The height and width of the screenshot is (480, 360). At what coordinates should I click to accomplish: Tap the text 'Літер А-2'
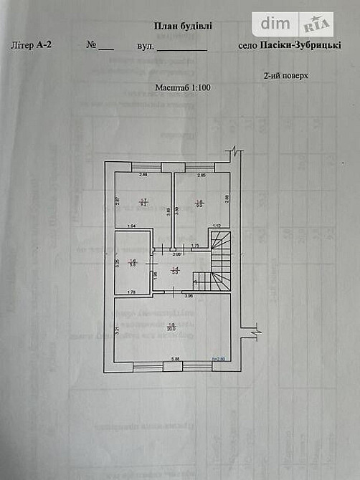[33, 44]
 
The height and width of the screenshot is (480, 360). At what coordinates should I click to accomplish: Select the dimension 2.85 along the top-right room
[202, 176]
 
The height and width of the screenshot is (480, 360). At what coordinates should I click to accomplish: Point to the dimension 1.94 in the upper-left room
[131, 226]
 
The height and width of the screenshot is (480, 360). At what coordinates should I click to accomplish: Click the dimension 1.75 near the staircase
[194, 246]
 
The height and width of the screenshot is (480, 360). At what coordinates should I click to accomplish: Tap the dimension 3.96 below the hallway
[189, 295]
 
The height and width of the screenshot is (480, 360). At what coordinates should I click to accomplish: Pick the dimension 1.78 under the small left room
[131, 292]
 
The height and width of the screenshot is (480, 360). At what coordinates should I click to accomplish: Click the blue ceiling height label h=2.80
[217, 360]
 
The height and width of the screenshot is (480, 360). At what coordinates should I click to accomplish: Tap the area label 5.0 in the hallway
[174, 272]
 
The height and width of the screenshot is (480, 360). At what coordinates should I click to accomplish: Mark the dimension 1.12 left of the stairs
[216, 226]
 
